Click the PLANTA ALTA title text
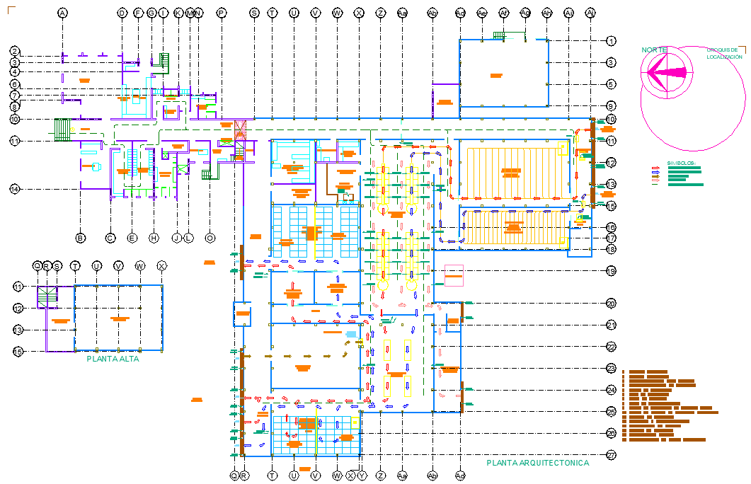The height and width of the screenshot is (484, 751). click(113, 359)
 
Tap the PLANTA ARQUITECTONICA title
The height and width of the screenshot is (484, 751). click(537, 463)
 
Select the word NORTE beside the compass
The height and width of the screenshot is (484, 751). click(654, 50)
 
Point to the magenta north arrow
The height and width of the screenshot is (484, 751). click(665, 71)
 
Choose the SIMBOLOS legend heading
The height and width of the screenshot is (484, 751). click(681, 163)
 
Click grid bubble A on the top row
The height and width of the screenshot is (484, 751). click(62, 13)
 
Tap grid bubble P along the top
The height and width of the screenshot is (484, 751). click(222, 13)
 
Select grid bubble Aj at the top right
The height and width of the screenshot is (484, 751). click(591, 13)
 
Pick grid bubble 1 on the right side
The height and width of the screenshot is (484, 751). click(611, 41)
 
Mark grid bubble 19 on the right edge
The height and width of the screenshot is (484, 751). click(611, 270)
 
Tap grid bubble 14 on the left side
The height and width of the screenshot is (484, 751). click(14, 189)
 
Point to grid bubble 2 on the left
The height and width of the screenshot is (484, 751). click(14, 51)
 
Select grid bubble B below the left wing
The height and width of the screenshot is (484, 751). click(80, 238)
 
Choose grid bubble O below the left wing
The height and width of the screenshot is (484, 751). click(210, 238)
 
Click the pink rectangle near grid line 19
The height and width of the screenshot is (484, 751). click(454, 275)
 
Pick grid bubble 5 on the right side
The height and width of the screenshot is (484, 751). click(611, 84)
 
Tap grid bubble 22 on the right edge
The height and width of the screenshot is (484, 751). click(611, 347)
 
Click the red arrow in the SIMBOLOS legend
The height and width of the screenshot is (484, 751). click(655, 168)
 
